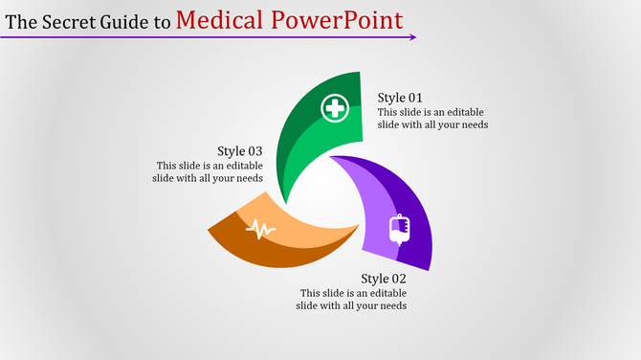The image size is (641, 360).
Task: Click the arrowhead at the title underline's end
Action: click(x=413, y=37)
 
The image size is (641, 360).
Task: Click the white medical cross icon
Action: click(x=335, y=109)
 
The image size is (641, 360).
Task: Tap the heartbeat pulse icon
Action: click(x=260, y=229)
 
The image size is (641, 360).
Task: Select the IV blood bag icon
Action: click(x=399, y=231)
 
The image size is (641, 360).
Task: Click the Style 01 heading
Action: click(x=400, y=98)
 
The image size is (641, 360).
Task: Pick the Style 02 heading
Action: click(x=384, y=279)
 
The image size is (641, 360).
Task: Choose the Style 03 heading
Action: click(x=239, y=150)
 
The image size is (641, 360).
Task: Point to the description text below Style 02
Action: click(x=353, y=300)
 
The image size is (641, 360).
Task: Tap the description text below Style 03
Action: click(x=209, y=171)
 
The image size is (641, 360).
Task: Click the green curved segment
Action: click(x=306, y=144)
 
